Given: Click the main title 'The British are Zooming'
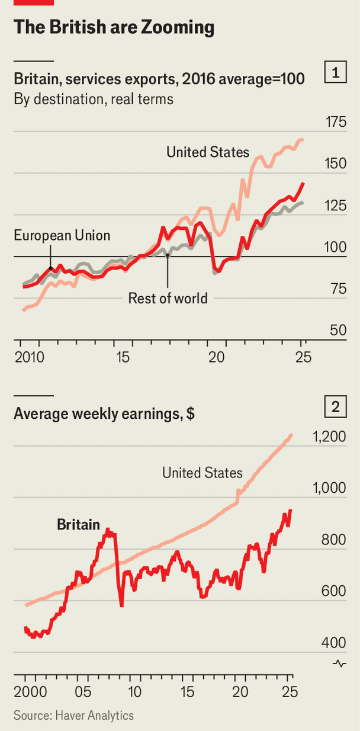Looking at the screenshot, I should [x=113, y=27].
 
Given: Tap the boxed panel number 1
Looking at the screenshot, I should [x=336, y=73].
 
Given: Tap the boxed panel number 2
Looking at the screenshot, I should [x=336, y=407].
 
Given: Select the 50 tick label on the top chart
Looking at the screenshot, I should [x=339, y=330].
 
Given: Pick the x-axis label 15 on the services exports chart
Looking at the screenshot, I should [x=123, y=358].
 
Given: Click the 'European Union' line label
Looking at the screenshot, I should [x=62, y=235].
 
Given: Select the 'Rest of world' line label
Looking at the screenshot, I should [x=168, y=298].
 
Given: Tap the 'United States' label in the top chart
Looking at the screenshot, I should [x=208, y=152].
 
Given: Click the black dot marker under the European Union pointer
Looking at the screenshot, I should [x=50, y=268].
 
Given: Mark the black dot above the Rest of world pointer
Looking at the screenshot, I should [x=168, y=255].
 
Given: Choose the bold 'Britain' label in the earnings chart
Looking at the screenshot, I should [x=78, y=524].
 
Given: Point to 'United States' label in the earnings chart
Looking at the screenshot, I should [x=202, y=473].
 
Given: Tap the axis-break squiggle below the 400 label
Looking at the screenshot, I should [x=339, y=663].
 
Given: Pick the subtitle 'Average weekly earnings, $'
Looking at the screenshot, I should [x=104, y=414].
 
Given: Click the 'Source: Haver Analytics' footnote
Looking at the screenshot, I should [x=73, y=716].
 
